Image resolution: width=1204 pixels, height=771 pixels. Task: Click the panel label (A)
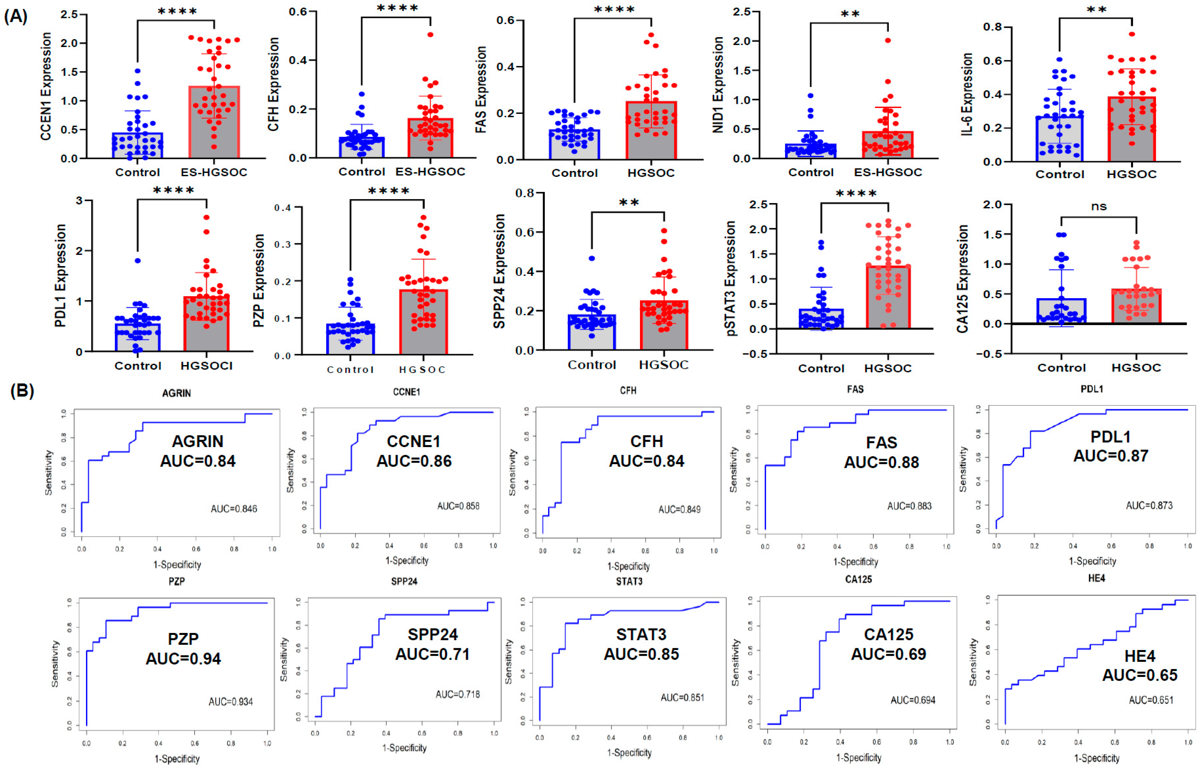(x=16, y=17)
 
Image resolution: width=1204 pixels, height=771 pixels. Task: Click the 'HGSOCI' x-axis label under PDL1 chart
(x=206, y=366)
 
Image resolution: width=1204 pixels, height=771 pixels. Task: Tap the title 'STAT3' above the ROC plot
(x=629, y=581)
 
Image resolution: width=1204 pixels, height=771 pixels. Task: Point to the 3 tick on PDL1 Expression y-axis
(x=79, y=201)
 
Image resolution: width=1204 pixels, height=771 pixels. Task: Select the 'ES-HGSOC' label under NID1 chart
(x=887, y=172)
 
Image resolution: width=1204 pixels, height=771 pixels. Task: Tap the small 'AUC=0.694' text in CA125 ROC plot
(x=913, y=699)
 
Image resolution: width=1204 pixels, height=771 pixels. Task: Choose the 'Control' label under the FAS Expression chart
(x=574, y=173)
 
